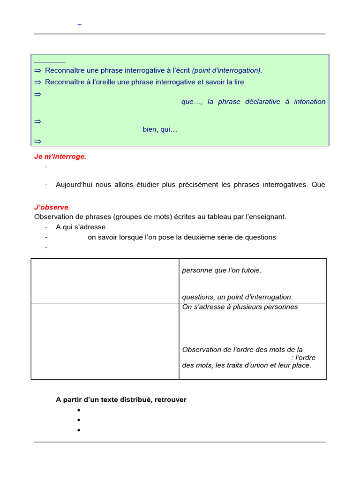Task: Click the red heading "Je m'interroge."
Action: [x=60, y=157]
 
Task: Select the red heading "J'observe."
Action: [x=52, y=207]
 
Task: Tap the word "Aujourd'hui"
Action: [x=75, y=185]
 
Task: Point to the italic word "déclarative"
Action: [x=262, y=102]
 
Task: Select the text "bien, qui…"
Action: [x=160, y=129]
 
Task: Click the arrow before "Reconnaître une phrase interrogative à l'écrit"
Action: [x=38, y=70]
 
